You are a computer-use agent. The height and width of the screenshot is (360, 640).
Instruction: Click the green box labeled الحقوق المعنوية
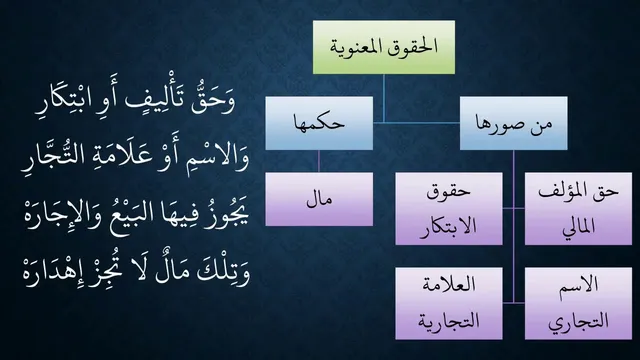[384, 47]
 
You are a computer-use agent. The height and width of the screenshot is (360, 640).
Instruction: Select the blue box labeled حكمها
[319, 123]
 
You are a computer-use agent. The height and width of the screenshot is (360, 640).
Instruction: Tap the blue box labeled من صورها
[513, 123]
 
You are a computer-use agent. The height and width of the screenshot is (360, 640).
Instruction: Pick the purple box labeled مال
[319, 199]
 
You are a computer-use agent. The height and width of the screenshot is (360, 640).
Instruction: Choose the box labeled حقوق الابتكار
[449, 209]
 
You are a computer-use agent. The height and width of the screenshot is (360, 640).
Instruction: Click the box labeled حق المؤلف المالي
[578, 209]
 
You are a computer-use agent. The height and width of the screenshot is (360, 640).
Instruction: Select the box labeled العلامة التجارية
[449, 303]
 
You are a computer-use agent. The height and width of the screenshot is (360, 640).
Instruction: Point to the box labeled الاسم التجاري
[578, 303]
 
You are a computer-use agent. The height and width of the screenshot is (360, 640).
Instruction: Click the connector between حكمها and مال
[319, 161]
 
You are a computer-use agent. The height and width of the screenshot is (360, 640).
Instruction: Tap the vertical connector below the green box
[384, 98]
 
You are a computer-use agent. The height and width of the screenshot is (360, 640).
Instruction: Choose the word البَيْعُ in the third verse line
[137, 214]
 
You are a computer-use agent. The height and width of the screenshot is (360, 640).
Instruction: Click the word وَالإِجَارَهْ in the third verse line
[64, 214]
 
